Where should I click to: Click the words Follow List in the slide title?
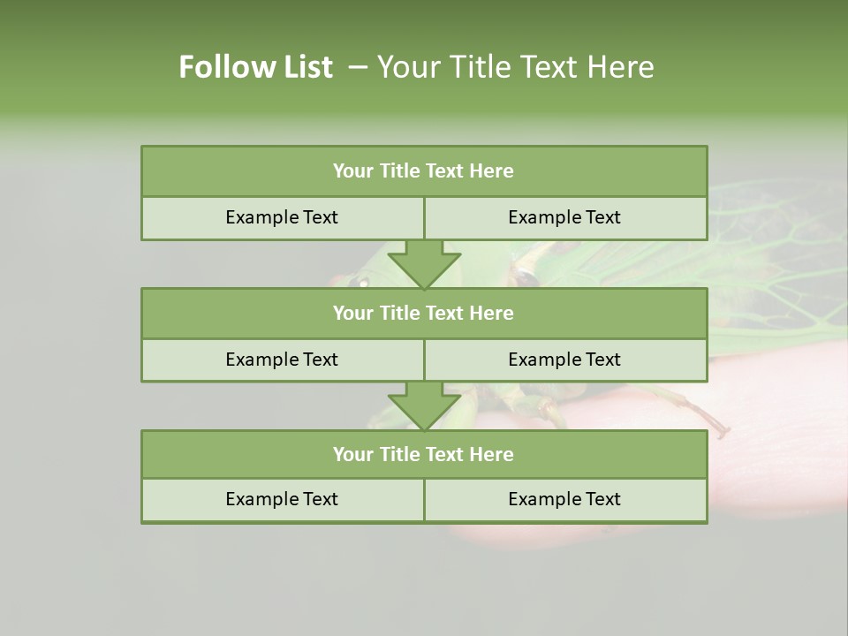coord(255,67)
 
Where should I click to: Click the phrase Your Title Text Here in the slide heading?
coord(515,67)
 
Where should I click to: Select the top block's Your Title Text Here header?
coord(423,171)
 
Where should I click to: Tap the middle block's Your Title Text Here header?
coord(423,313)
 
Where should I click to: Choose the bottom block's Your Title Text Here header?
coord(423,454)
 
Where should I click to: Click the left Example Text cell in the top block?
coord(282,217)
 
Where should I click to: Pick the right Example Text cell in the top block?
coord(564,217)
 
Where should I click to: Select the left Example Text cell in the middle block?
coord(282,360)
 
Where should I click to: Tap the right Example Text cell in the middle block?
coord(564,360)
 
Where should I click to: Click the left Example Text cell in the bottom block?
coord(282,499)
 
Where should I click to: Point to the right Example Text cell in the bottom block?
coord(564,499)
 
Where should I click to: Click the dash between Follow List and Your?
coord(358,67)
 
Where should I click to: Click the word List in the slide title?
coord(303,67)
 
